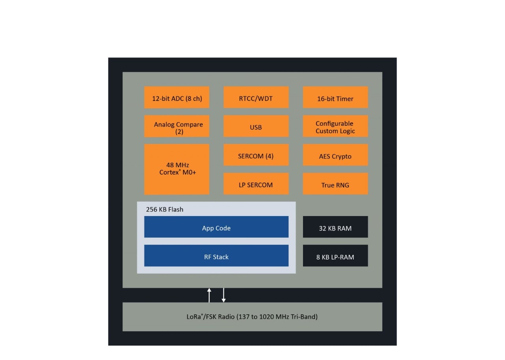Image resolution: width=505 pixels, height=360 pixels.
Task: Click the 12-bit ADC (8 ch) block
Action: (177, 97)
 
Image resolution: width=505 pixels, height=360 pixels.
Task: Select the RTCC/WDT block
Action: (256, 97)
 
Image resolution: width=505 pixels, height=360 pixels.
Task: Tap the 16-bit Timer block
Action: (335, 97)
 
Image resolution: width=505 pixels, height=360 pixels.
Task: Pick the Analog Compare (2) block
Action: (177, 126)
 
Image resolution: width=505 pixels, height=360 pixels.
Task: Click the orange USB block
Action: (256, 126)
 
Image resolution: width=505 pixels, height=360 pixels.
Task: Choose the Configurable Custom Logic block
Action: (335, 126)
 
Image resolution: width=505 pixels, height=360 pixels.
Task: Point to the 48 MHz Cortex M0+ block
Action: (177, 169)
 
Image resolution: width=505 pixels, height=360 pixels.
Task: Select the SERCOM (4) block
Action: (256, 155)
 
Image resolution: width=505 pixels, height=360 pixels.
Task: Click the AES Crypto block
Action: (335, 155)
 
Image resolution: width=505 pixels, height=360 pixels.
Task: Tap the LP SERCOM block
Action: (256, 184)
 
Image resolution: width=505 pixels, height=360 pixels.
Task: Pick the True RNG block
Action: (335, 184)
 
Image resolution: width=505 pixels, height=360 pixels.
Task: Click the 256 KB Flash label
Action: (165, 209)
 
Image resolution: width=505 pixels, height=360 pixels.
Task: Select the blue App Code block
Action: (216, 227)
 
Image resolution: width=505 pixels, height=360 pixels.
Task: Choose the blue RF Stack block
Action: (216, 256)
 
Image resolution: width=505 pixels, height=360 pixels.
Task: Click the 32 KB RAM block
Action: (335, 227)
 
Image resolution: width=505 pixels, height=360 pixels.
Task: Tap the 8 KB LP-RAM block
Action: (335, 256)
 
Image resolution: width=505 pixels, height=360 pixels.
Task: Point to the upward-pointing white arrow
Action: (209, 295)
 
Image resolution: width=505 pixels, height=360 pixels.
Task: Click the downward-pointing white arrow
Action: (224, 295)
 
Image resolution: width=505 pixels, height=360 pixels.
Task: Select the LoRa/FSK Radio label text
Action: (252, 317)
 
